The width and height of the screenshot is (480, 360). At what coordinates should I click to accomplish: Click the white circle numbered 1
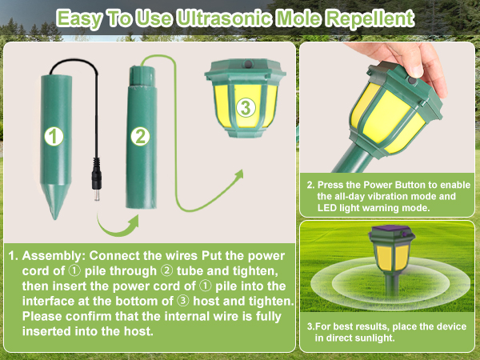click(x=53, y=137)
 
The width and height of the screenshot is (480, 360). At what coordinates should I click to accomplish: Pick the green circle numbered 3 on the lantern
click(x=246, y=107)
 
